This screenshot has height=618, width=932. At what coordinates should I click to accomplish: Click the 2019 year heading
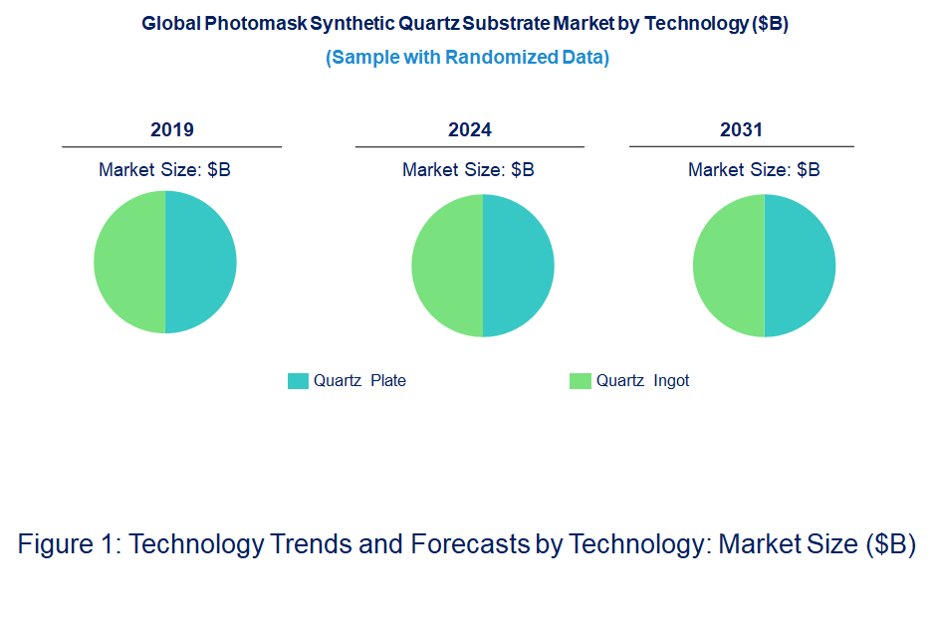(x=171, y=130)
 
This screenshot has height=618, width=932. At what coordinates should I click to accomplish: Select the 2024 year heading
(x=470, y=130)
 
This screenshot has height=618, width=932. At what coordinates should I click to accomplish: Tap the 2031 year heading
(x=741, y=130)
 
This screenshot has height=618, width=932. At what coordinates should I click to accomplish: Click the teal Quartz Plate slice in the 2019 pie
(x=200, y=262)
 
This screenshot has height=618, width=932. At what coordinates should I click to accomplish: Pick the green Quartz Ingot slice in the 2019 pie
(x=129, y=262)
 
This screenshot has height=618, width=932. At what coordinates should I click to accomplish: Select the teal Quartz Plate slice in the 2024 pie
(x=518, y=266)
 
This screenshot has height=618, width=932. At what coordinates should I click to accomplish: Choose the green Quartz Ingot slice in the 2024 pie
(x=447, y=266)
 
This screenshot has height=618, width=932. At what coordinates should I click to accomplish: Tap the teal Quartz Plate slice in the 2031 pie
(x=800, y=266)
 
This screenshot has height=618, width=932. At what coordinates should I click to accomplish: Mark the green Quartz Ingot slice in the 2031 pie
(x=729, y=266)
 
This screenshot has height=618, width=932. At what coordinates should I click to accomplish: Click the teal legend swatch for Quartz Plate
(x=298, y=381)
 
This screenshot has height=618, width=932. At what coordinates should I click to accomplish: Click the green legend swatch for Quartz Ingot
(x=580, y=381)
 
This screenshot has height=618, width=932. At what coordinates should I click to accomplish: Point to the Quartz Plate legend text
(x=359, y=381)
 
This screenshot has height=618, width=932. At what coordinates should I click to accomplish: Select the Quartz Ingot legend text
(x=642, y=381)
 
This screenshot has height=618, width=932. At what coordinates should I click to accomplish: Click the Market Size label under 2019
(x=164, y=170)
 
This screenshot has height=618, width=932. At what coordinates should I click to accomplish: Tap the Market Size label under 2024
(x=468, y=170)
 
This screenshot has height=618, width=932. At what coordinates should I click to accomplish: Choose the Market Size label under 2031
(x=754, y=170)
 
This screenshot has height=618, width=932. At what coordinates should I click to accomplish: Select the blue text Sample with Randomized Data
(x=467, y=58)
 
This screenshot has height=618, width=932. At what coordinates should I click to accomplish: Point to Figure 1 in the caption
(x=69, y=544)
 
